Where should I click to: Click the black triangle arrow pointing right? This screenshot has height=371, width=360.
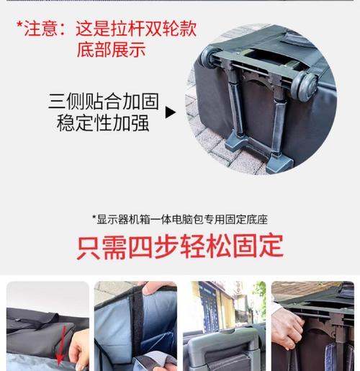coord(171,112)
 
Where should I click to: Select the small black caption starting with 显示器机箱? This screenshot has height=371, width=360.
coord(179,219)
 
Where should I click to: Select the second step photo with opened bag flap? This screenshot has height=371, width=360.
coord(135,326)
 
